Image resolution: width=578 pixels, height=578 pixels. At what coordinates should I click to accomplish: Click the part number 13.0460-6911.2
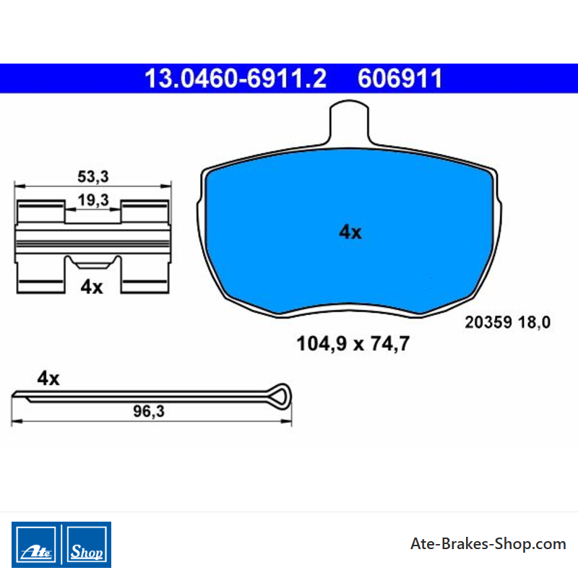tap(236, 79)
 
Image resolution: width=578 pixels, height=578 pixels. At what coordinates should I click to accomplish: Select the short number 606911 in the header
tap(400, 79)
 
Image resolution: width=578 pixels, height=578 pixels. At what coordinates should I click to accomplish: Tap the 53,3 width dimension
tap(93, 176)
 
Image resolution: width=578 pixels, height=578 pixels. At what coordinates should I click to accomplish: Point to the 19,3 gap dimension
tap(93, 200)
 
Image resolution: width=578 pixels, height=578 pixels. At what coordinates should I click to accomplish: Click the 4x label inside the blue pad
tap(350, 232)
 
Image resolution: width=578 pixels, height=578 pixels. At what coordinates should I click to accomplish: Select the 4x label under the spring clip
tap(92, 287)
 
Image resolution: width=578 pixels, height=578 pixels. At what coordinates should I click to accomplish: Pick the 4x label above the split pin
tap(48, 379)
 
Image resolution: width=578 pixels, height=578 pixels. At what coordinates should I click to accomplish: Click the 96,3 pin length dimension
tap(149, 411)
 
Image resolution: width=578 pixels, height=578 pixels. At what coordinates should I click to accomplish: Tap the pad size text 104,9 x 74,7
tap(353, 344)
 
